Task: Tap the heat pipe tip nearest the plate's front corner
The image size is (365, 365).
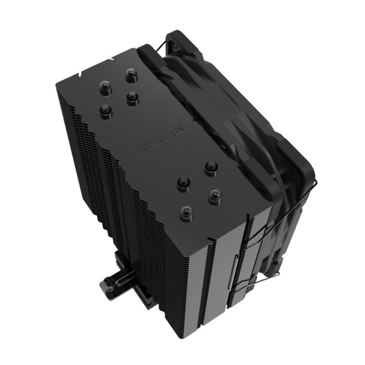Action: point(184,212)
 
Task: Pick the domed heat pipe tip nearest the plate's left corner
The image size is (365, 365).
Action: point(106,110)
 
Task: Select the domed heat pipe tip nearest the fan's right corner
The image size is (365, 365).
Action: point(211,167)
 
